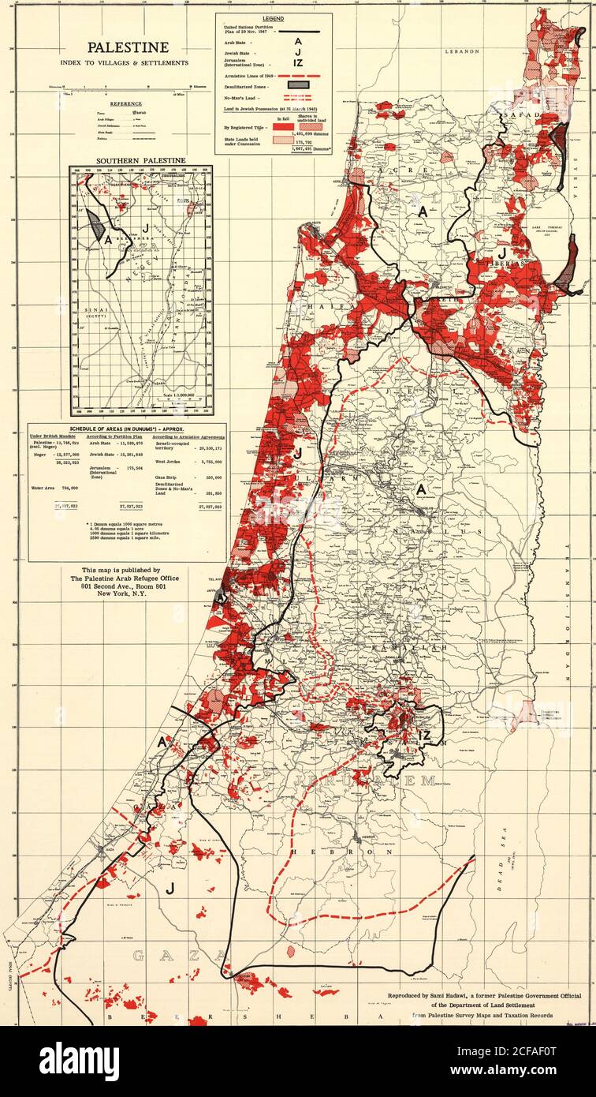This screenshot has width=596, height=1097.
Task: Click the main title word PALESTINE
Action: coord(127,48)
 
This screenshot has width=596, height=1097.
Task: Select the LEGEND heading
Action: coord(272,17)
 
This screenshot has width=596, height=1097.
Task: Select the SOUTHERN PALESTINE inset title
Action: coord(140,160)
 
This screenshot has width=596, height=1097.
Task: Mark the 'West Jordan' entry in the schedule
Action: coord(170,462)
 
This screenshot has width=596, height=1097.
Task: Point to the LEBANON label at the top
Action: coord(461,51)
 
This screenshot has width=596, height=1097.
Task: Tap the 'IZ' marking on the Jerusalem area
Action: coord(425,735)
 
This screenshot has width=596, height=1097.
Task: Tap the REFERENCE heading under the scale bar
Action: coord(125,103)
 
